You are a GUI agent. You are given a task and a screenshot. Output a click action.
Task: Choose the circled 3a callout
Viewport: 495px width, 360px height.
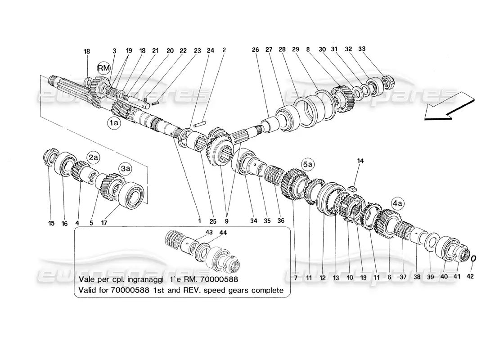[x=125, y=169]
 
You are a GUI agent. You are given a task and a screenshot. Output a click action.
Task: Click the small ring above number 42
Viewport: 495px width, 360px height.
[x=474, y=260]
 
